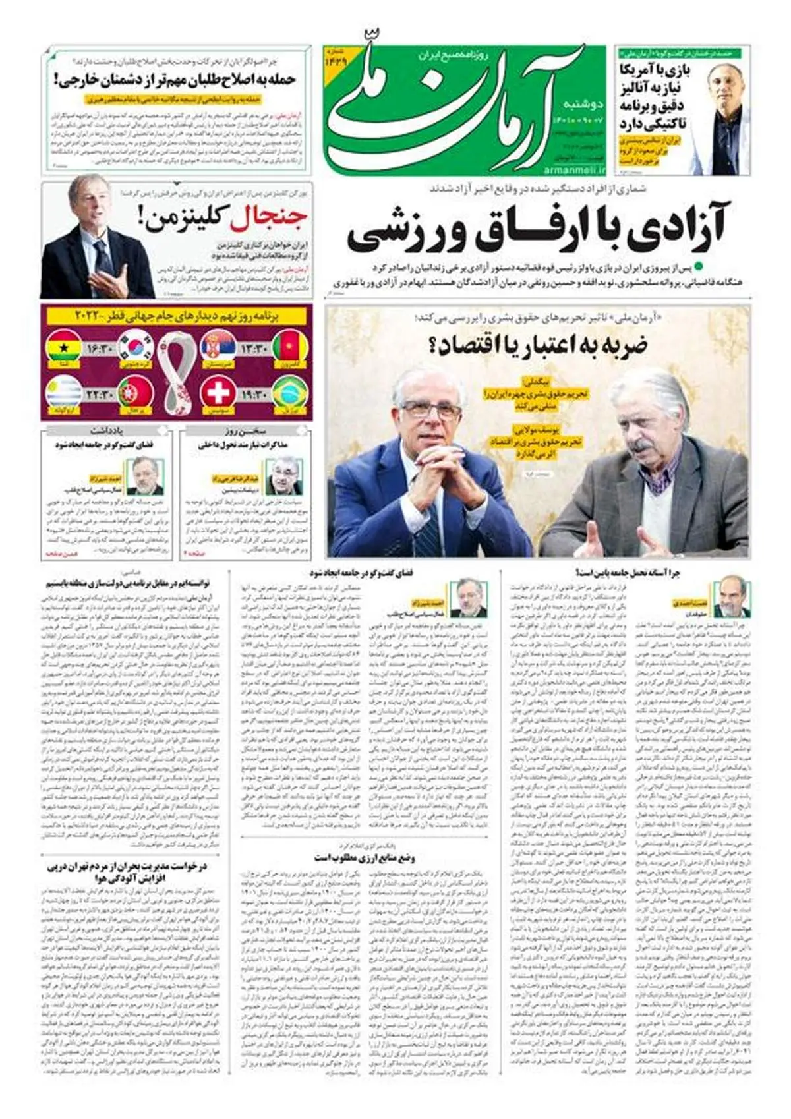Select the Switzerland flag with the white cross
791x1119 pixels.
point(218,393)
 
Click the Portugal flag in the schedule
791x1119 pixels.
point(136,393)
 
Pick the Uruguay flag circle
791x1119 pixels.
point(63,393)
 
